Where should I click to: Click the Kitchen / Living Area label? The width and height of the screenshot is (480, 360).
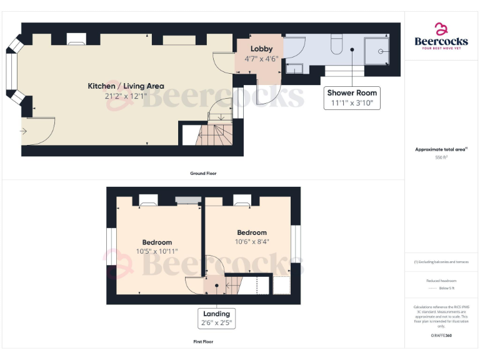pos(126,86)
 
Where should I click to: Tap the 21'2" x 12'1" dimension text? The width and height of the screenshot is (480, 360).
pos(126,96)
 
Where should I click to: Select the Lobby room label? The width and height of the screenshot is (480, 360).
pos(261,49)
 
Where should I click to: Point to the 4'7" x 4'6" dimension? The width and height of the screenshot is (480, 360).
pos(261,59)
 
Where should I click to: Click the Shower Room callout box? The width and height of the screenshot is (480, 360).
pos(352,98)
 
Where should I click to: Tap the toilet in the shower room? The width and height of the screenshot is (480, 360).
pos(336,45)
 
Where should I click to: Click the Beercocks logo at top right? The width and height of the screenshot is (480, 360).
pos(441,36)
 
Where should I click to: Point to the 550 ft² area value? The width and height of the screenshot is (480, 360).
pos(441,157)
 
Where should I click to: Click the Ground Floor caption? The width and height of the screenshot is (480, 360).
pos(204,173)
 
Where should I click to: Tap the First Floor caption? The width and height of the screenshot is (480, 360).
pos(204,342)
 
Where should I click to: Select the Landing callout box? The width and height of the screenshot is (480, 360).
pos(216,318)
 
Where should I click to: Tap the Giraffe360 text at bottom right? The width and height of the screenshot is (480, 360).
pos(441,336)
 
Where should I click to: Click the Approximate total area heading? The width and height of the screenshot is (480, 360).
pos(441,149)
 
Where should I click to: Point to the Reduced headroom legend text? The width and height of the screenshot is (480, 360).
pos(441,281)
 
